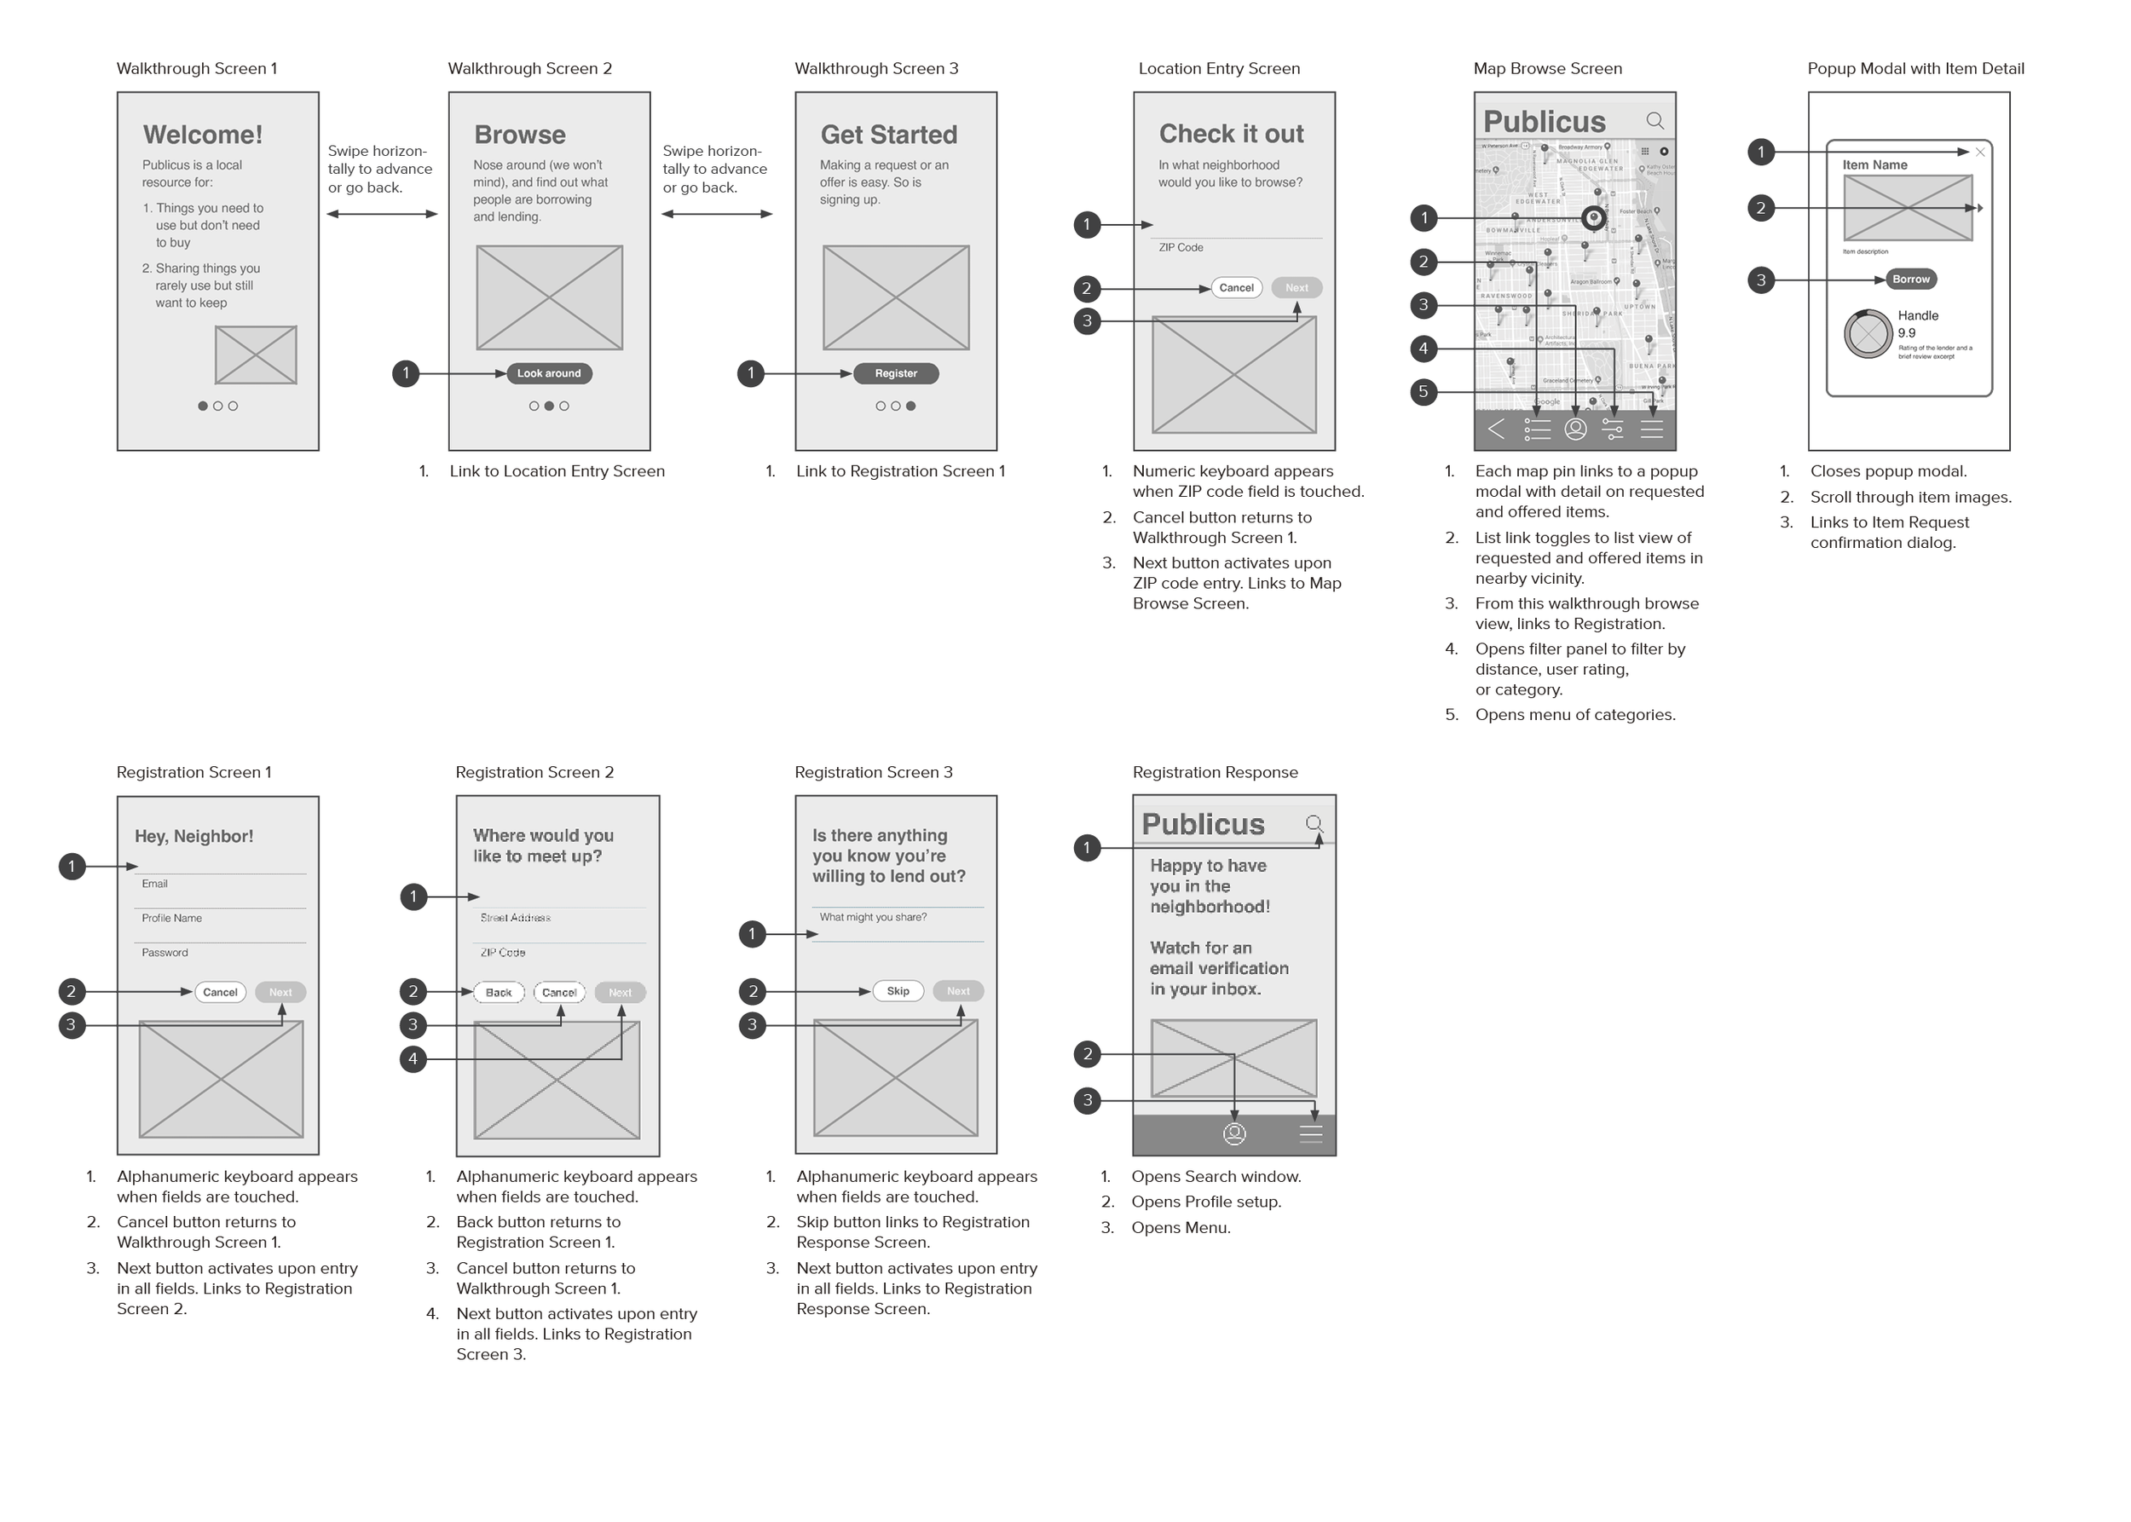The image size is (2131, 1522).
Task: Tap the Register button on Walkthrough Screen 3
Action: click(895, 373)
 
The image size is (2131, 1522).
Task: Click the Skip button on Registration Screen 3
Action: click(898, 990)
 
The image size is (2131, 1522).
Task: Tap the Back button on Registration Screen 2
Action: click(499, 993)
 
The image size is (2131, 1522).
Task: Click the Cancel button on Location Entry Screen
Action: click(1236, 288)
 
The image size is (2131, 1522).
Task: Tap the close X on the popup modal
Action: click(1979, 152)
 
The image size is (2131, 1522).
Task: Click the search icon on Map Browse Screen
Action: click(1655, 121)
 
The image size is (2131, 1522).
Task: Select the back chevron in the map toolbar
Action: click(1496, 430)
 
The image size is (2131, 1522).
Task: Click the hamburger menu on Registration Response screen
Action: click(1311, 1134)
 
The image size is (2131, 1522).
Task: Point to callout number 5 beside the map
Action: click(1424, 392)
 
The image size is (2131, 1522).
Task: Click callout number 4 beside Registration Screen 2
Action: click(413, 1059)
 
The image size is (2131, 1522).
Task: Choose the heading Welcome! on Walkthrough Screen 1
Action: click(203, 135)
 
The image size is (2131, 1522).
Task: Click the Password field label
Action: click(165, 952)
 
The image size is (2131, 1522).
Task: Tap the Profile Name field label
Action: click(171, 919)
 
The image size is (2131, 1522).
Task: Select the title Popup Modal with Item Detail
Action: click(1914, 68)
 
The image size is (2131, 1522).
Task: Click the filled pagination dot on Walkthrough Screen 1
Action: click(203, 406)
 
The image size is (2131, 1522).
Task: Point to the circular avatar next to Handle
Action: click(1868, 334)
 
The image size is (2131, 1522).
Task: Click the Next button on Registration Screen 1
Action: click(280, 993)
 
